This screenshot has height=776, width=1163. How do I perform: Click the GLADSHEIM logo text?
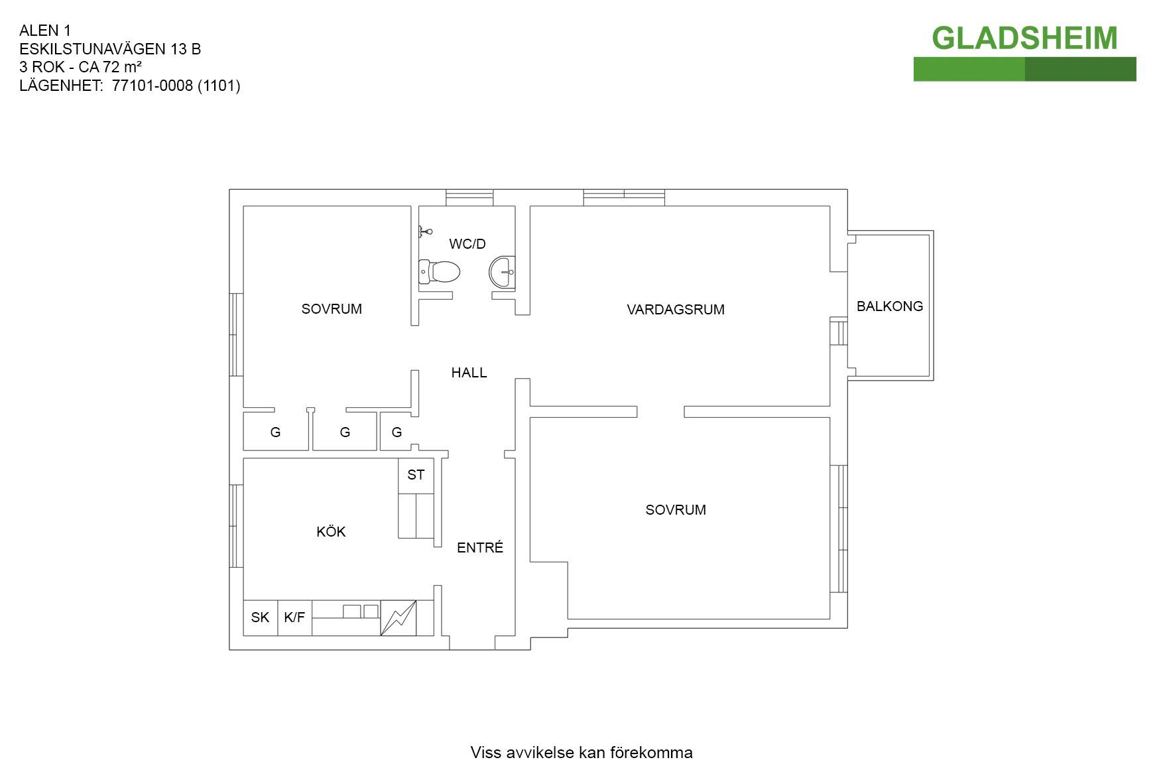(x=1024, y=38)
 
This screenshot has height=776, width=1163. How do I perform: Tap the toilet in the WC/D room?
(x=440, y=271)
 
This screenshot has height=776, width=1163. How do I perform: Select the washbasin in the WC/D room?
(x=502, y=272)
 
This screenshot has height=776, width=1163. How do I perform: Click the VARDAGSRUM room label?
(x=676, y=310)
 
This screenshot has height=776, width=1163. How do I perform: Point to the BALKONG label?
(x=890, y=306)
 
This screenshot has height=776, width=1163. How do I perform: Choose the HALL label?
(x=469, y=373)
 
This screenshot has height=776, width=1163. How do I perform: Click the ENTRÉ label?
(x=480, y=547)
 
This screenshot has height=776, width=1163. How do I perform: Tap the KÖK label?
(x=331, y=531)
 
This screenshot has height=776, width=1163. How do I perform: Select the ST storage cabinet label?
(x=416, y=475)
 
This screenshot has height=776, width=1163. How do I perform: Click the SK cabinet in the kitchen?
(x=261, y=618)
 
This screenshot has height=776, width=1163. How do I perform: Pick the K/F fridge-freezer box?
(x=294, y=618)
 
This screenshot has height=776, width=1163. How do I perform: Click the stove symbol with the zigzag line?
(x=398, y=618)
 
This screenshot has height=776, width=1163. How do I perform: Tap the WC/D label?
(x=467, y=244)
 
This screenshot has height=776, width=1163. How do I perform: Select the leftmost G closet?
(x=276, y=432)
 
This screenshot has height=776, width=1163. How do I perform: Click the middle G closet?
(x=345, y=432)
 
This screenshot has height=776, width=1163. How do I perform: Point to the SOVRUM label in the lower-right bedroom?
(x=676, y=510)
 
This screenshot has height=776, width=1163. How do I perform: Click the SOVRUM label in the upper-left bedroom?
(x=332, y=309)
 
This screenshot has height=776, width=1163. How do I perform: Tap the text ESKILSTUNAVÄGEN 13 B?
(x=110, y=49)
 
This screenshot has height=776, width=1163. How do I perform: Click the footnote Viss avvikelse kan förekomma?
(x=581, y=753)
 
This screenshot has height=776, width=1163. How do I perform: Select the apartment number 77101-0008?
(x=153, y=86)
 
